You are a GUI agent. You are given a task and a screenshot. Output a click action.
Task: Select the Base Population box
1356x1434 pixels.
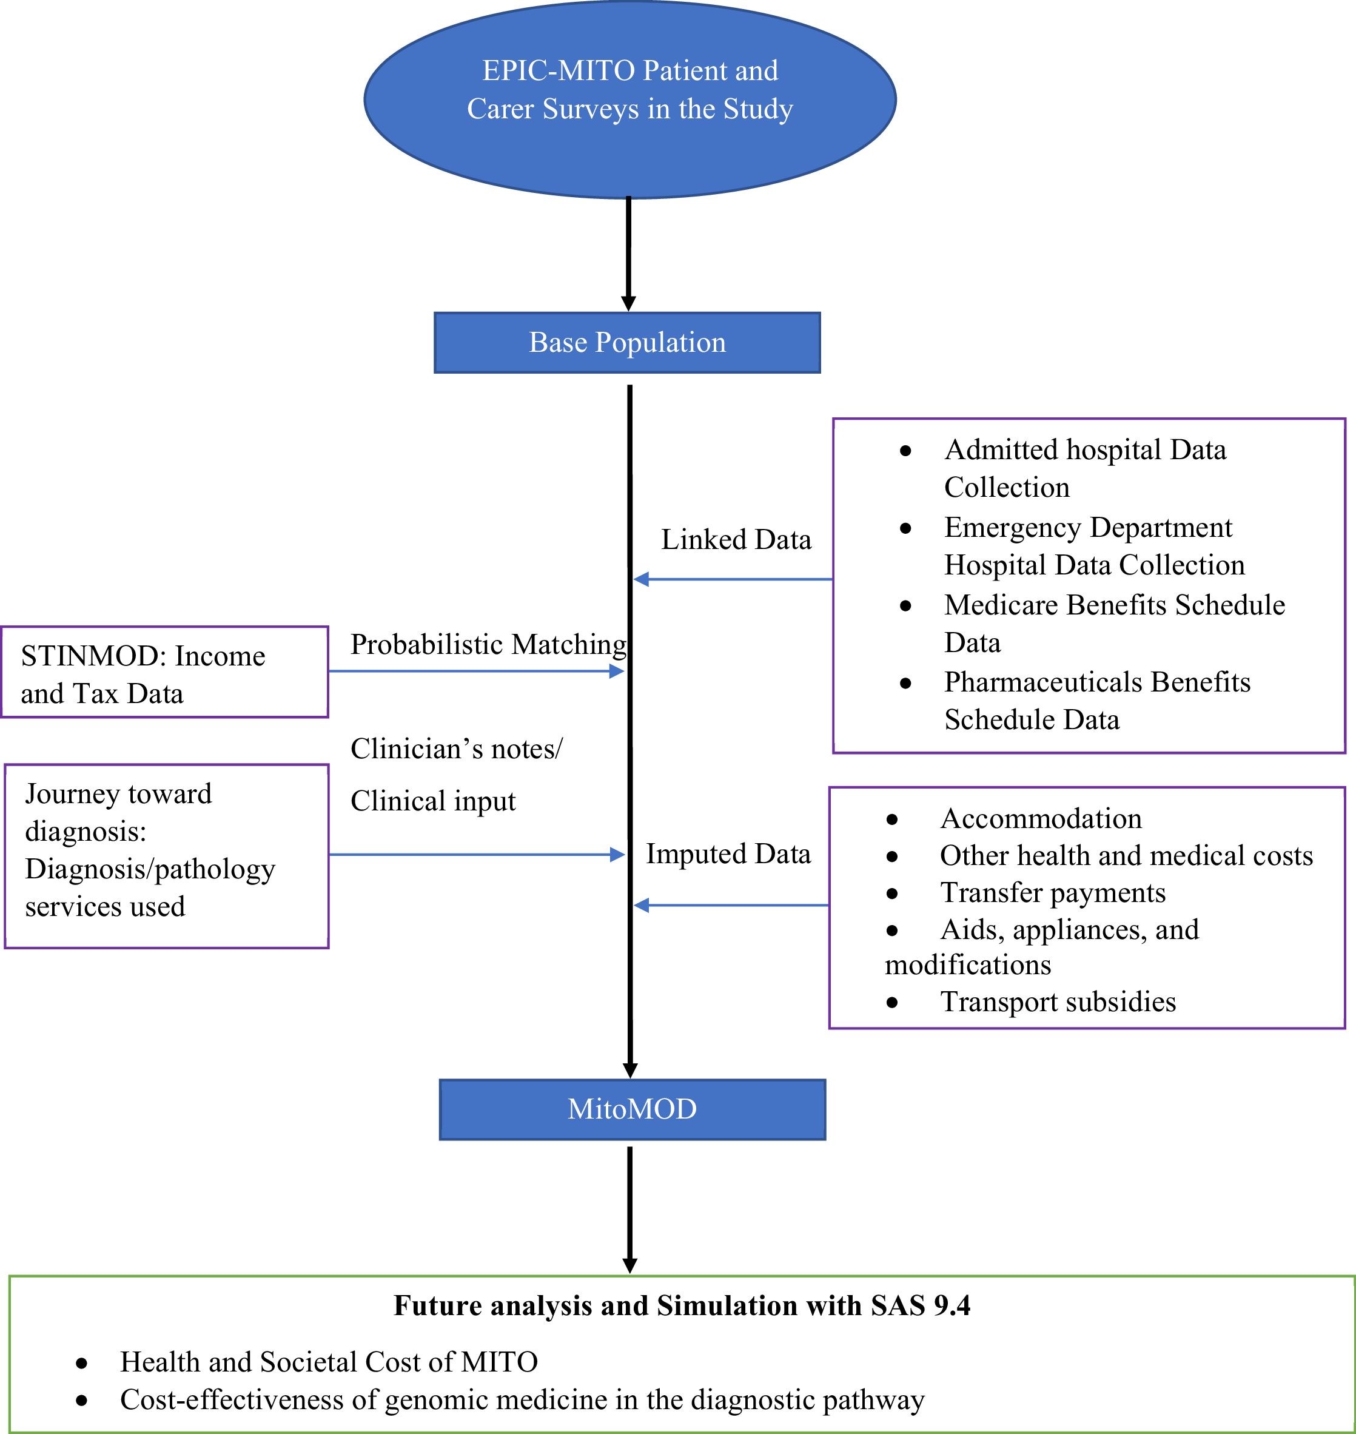[x=626, y=343]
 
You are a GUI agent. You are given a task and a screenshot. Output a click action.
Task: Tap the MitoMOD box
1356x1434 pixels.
[x=632, y=1109]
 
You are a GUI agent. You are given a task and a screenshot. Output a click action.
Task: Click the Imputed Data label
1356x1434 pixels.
[x=728, y=854]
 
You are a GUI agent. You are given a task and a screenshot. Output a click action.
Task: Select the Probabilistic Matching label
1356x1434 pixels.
[x=488, y=644]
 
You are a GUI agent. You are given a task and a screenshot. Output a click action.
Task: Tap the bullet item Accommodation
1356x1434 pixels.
[x=1041, y=818]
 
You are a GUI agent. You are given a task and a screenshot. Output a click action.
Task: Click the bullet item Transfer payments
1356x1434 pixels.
[x=1052, y=892]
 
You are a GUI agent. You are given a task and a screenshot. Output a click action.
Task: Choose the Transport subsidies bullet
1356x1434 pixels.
[x=1058, y=1002]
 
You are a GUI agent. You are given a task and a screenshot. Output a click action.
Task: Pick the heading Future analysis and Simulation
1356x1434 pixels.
[x=682, y=1306]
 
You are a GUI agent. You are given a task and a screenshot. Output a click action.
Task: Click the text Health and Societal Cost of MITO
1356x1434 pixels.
[x=329, y=1362]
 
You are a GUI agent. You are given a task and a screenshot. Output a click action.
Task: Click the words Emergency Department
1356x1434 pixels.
[x=1087, y=528]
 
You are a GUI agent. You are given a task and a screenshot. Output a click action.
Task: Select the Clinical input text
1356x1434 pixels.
[x=433, y=801]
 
